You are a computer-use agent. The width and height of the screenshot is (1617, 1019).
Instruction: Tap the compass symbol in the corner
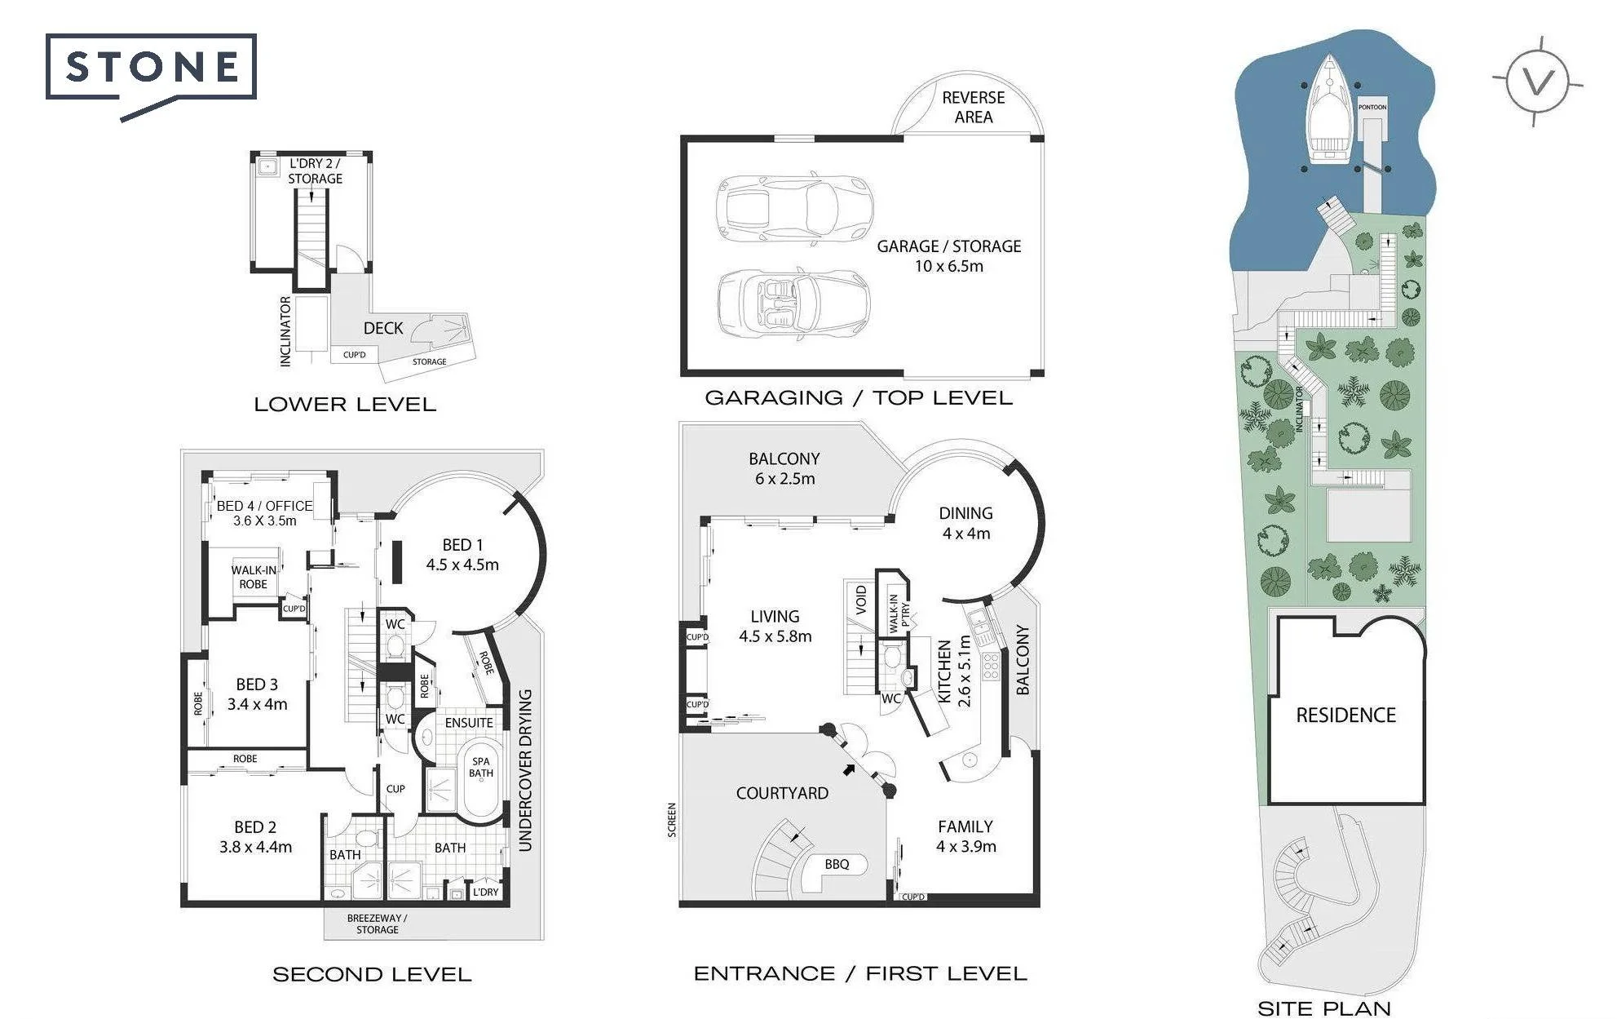[x=1538, y=82]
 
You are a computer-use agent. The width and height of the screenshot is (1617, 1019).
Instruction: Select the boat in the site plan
[x=1330, y=110]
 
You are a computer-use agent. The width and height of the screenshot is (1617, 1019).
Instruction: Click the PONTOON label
[x=1372, y=107]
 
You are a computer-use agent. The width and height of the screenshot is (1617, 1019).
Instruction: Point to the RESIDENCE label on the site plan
[x=1346, y=716]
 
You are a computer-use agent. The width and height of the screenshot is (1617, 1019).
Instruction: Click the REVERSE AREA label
[x=974, y=107]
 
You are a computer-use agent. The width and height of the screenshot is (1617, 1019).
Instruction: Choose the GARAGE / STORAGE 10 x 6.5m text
[x=949, y=256]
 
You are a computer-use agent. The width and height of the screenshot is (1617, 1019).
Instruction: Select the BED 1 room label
[x=462, y=555]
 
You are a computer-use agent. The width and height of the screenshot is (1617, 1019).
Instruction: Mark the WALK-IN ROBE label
[x=254, y=578]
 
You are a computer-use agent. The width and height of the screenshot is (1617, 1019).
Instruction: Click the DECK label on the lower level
[x=383, y=328]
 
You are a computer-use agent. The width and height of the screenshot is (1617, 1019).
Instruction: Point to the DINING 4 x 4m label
[x=966, y=523]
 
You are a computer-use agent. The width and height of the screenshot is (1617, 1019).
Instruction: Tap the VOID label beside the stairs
[x=861, y=600]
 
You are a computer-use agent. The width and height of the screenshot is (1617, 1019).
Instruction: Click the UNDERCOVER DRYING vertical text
[x=525, y=770]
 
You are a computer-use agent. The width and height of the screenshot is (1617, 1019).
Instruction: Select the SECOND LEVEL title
[x=372, y=974]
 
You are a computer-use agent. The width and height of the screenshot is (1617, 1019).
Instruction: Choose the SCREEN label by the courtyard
[x=672, y=820]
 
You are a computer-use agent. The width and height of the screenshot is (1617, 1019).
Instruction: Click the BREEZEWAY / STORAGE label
[x=377, y=924]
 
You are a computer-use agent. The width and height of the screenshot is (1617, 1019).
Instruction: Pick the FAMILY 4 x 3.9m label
[x=965, y=836]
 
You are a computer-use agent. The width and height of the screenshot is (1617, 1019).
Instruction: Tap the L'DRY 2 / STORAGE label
[x=315, y=171]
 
